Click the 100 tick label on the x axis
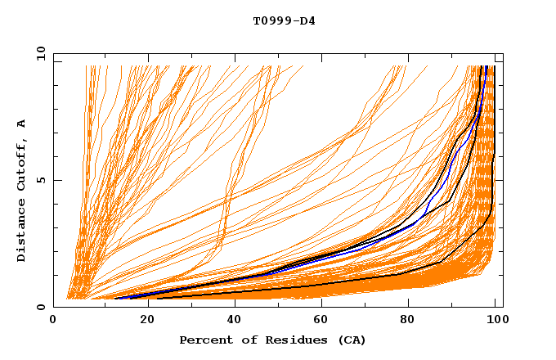click(495, 320)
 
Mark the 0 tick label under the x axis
click(54, 320)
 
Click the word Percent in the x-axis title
click(203, 340)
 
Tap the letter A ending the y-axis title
click(21, 124)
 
